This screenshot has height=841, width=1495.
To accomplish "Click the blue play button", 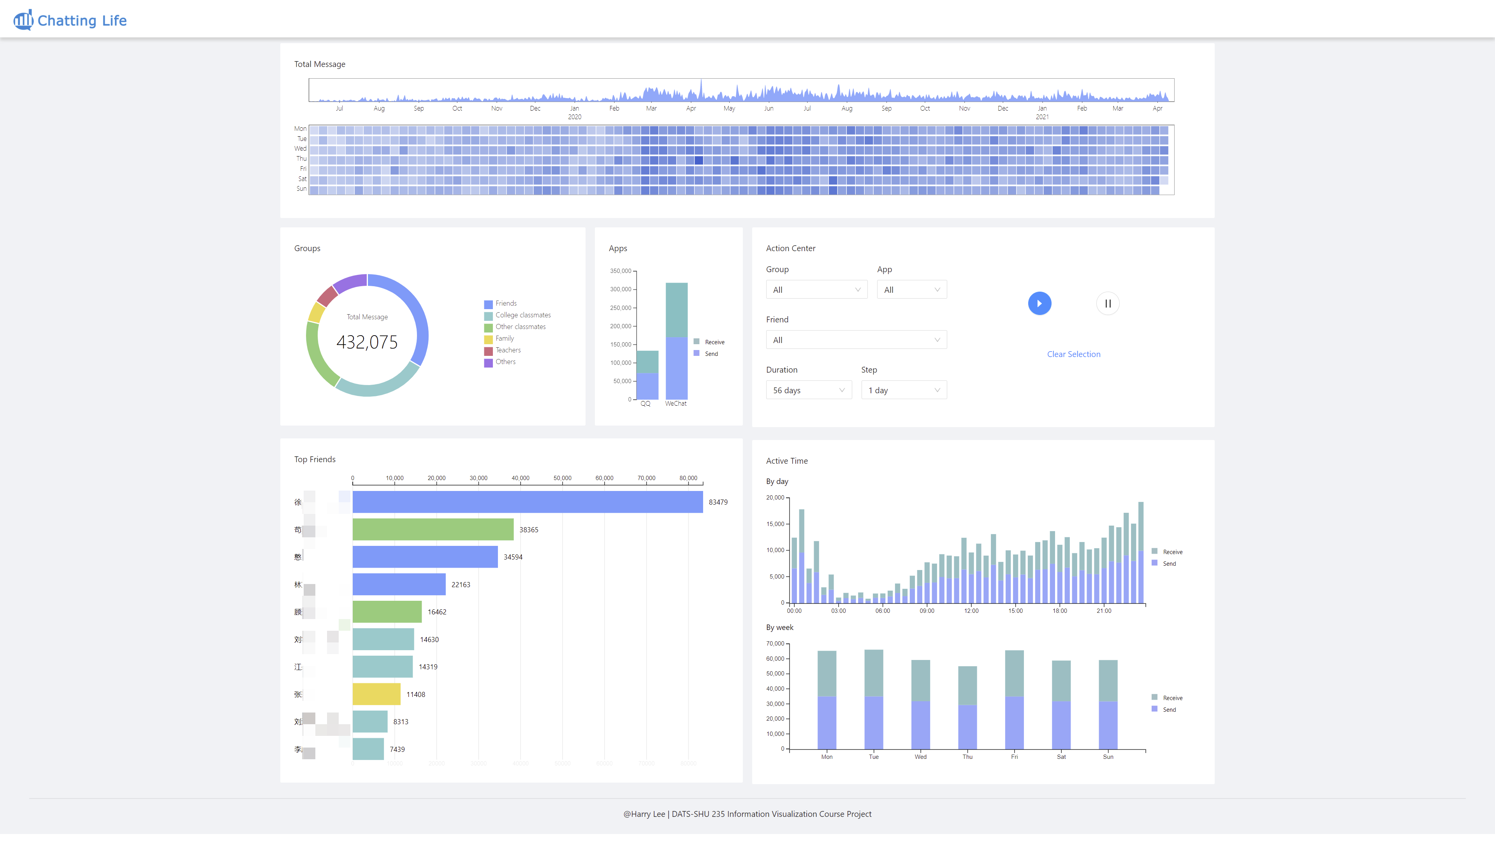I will (x=1039, y=304).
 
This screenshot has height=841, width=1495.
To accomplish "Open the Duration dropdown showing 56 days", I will (x=809, y=390).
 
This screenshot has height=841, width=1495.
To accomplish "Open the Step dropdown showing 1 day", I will (x=904, y=390).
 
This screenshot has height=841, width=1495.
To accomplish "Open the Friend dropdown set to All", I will (x=856, y=340).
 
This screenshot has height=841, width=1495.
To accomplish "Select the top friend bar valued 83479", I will (x=527, y=502).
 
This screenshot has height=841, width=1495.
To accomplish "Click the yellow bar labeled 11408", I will (x=376, y=694).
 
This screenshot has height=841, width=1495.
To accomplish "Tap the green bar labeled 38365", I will (x=433, y=530).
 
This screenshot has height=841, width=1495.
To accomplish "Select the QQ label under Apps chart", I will (x=645, y=404).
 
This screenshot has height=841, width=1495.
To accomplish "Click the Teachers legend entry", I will (x=507, y=350).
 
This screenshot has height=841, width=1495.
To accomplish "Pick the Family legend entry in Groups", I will (x=504, y=338).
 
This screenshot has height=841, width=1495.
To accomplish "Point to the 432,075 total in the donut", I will (x=367, y=342).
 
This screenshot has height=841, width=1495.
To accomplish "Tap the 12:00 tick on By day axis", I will (x=971, y=611).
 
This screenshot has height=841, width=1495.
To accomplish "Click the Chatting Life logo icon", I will (x=23, y=20).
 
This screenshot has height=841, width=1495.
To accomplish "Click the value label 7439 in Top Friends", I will (x=397, y=749).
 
